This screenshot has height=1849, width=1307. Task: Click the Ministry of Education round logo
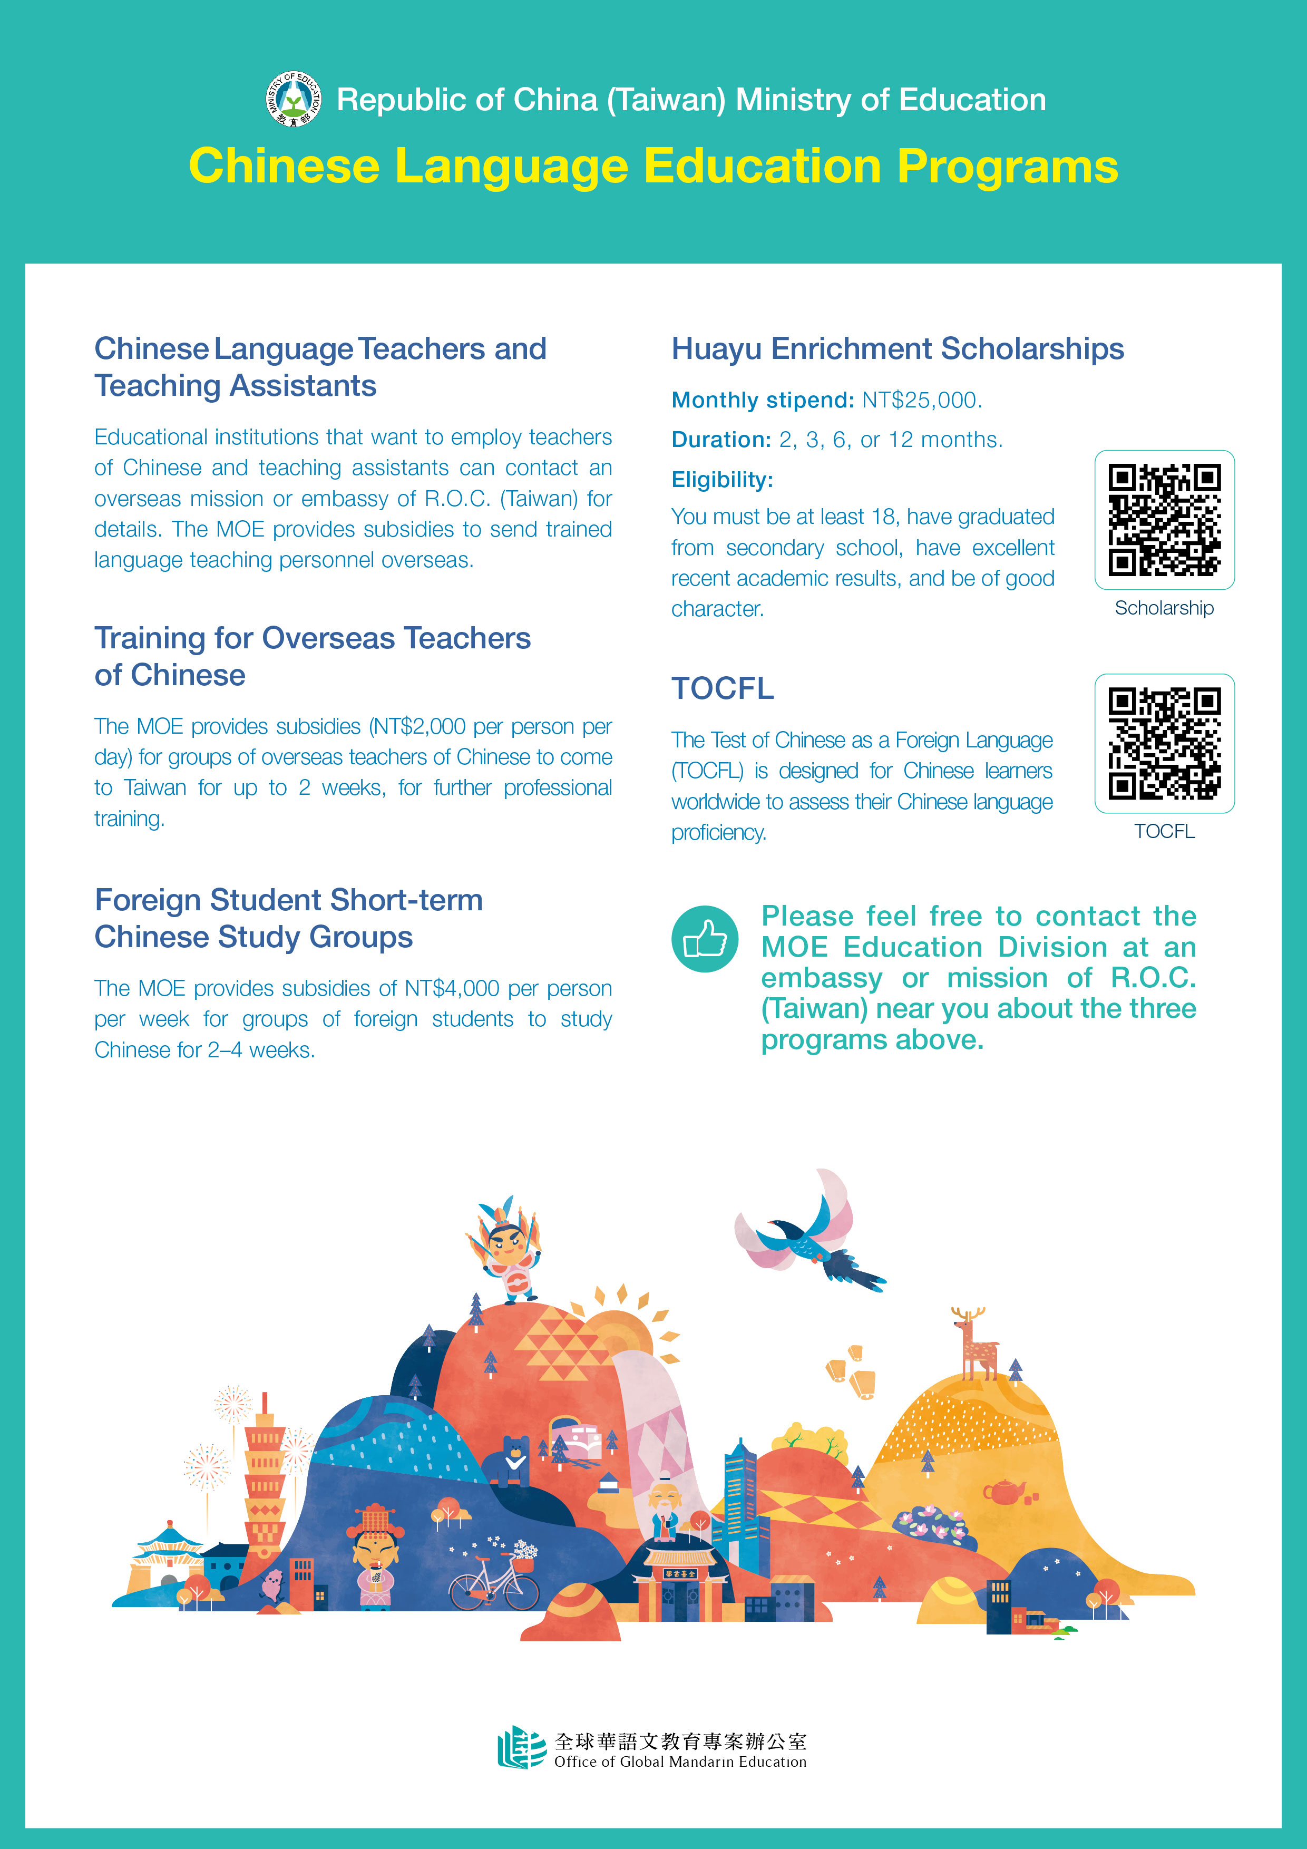click(x=294, y=99)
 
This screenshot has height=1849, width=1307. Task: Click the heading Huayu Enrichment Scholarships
click(x=897, y=349)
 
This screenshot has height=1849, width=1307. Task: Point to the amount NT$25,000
click(x=921, y=400)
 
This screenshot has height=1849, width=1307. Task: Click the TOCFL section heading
click(x=723, y=688)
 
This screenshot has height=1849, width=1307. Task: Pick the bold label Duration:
click(x=721, y=440)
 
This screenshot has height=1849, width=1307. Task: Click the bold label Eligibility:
click(x=721, y=480)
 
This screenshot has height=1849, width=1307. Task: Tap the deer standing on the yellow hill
click(x=976, y=1343)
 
